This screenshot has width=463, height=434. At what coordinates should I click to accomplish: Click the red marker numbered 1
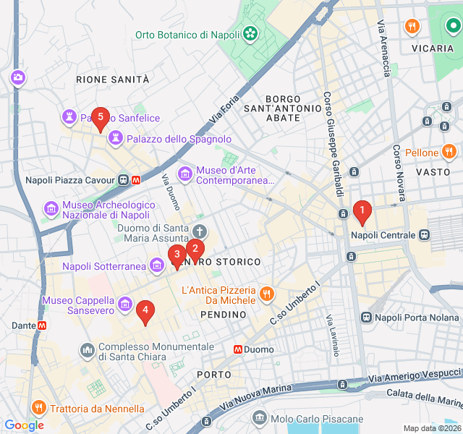click(x=361, y=211)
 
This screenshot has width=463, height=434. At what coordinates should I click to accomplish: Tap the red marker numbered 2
click(x=195, y=249)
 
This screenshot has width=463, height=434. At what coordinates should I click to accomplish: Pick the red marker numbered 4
click(x=145, y=311)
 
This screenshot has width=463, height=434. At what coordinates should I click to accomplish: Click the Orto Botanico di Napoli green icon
click(x=250, y=34)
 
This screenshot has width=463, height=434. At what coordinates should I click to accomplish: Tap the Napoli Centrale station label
click(x=383, y=235)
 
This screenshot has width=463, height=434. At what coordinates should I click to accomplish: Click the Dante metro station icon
click(x=43, y=325)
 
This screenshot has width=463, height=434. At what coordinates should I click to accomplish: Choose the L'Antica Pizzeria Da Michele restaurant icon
click(x=267, y=294)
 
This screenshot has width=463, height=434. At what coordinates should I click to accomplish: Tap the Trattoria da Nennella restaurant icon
click(x=38, y=408)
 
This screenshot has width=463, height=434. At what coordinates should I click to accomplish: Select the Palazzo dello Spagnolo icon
click(x=115, y=138)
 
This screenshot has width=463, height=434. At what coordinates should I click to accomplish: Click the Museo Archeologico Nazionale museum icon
click(x=51, y=209)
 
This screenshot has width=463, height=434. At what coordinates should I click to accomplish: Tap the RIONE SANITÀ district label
click(x=112, y=79)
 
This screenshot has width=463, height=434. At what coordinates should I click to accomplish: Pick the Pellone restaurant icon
click(x=450, y=153)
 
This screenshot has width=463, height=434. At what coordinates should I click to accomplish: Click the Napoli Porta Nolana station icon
click(x=367, y=317)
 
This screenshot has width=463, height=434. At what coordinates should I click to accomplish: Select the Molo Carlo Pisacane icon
click(x=260, y=419)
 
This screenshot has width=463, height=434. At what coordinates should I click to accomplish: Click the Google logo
click(x=24, y=425)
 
